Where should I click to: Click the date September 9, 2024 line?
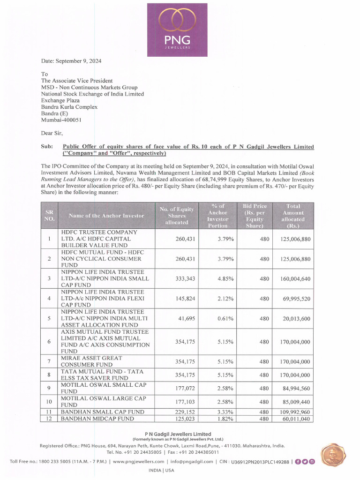coord(71,61)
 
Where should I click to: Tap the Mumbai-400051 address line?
coord(61,120)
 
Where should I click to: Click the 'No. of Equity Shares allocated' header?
coord(176,216)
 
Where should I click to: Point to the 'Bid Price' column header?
coord(255,216)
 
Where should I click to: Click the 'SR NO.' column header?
coord(49,216)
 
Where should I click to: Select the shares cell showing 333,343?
coord(185,278)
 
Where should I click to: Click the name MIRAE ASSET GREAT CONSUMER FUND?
coord(92,361)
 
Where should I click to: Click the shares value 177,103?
coord(185,402)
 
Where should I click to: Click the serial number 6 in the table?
coord(49,342)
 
